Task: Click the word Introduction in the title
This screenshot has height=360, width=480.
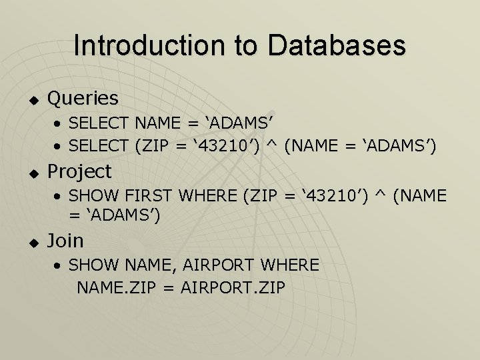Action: [x=149, y=45]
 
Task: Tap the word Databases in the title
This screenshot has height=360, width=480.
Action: [x=337, y=45]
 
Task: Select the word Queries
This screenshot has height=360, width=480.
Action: [x=83, y=99]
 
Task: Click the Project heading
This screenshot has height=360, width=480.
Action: [x=79, y=172]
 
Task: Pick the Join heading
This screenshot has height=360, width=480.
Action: [x=65, y=241]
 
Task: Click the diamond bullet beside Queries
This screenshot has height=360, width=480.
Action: [x=34, y=100]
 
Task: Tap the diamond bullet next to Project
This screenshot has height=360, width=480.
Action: [x=34, y=173]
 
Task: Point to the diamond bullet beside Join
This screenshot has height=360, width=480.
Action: [x=34, y=243]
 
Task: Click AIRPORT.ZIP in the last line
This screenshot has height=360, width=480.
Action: [x=233, y=287]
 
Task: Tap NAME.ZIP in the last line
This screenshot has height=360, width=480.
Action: [x=116, y=287]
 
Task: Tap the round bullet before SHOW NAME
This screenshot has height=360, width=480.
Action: [x=57, y=265]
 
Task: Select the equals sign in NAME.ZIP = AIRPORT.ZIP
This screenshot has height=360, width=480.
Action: [x=169, y=288]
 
